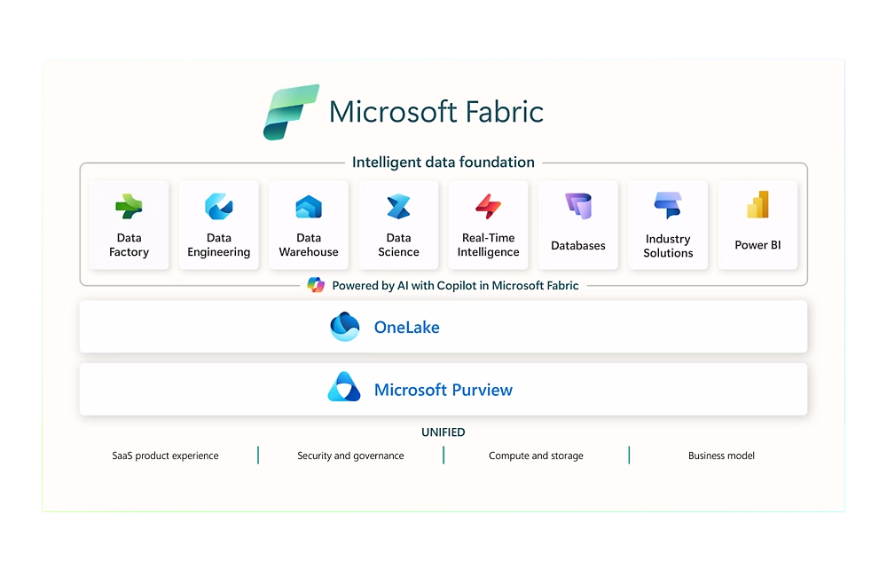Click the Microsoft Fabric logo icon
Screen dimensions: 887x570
(291, 112)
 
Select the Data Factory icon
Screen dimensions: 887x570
(129, 206)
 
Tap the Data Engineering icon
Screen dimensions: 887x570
(219, 206)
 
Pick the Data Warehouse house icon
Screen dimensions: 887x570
(309, 207)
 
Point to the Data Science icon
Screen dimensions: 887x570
(399, 207)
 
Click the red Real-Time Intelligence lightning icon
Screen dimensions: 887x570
(488, 206)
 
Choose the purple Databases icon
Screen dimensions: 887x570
(578, 206)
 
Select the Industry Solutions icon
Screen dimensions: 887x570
(668, 205)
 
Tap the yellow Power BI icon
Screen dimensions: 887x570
(758, 204)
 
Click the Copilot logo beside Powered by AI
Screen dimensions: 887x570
(316, 285)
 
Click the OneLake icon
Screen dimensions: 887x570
(344, 327)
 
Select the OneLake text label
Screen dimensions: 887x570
(407, 327)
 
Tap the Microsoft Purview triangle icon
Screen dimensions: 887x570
(344, 387)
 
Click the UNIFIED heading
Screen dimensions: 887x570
(443, 432)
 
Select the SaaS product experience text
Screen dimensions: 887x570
(165, 455)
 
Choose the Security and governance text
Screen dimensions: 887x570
(350, 455)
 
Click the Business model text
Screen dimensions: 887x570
(721, 455)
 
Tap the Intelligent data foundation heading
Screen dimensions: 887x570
(443, 162)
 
